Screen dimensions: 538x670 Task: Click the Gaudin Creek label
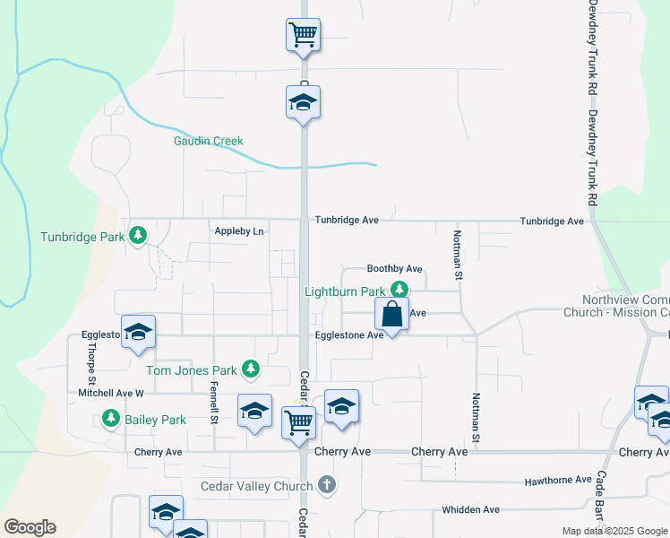[x=209, y=141]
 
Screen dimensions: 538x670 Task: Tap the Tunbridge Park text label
[x=82, y=238]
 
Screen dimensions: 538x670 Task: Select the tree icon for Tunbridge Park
[x=138, y=236]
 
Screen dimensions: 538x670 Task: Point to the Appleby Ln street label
[x=239, y=231]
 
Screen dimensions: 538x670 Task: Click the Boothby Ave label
[x=394, y=269]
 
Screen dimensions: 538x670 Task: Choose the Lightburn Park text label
[x=345, y=291]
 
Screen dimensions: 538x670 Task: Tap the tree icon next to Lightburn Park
[x=399, y=290]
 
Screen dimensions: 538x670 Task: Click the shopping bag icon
[x=392, y=316]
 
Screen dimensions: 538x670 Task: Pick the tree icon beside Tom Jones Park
[x=252, y=368]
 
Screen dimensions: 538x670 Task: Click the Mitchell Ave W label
[x=111, y=393]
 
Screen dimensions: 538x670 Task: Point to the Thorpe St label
[x=90, y=360]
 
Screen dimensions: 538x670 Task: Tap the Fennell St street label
[x=214, y=402]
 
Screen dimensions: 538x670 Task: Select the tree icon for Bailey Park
[x=110, y=418]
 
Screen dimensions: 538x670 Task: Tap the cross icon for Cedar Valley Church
[x=328, y=485]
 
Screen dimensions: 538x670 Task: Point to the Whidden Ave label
[x=470, y=509]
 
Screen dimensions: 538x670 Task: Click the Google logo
[x=30, y=527]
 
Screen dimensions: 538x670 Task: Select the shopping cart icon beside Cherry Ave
[x=298, y=421]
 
